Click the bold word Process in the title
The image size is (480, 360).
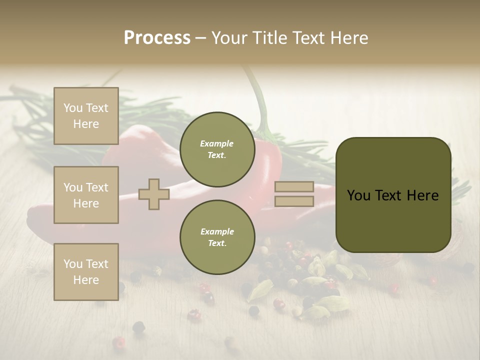coord(157,38)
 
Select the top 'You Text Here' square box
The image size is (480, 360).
coord(86,116)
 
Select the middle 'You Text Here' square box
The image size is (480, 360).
coord(86,195)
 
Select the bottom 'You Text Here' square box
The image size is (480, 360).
coord(86,272)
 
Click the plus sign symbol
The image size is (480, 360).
coord(153,194)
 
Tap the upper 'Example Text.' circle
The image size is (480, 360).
coord(217,149)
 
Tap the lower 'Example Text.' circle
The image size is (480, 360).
coord(217,237)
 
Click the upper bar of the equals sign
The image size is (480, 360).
coord(294,187)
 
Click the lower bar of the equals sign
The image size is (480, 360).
coord(294,201)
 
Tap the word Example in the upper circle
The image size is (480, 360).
coord(217,143)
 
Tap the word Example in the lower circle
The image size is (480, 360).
coord(217,231)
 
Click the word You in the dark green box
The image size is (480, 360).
coord(358,195)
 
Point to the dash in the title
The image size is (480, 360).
coord(200,38)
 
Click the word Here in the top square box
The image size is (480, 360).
coord(86,124)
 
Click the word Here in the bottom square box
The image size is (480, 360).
coord(86,280)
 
